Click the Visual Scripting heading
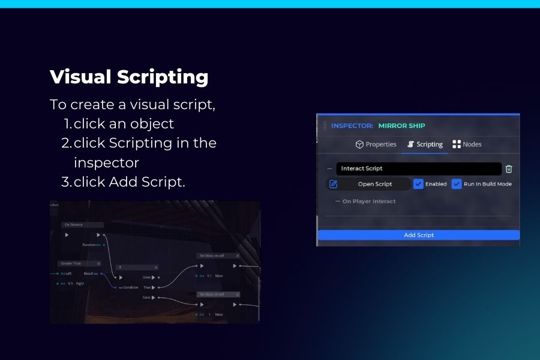click(x=129, y=77)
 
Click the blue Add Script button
click(x=418, y=235)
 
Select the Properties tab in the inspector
click(x=376, y=145)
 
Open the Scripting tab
click(x=425, y=145)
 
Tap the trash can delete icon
click(x=509, y=169)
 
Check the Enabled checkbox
click(x=419, y=184)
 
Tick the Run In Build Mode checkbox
click(x=457, y=184)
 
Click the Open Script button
click(x=374, y=184)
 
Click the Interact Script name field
click(x=418, y=169)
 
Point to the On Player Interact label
click(x=368, y=202)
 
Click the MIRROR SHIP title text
click(x=401, y=126)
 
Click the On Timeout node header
click(x=83, y=224)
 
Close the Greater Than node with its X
click(x=99, y=263)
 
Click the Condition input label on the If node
click(x=131, y=287)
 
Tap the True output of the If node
click(x=147, y=287)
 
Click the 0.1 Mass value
click(x=209, y=275)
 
